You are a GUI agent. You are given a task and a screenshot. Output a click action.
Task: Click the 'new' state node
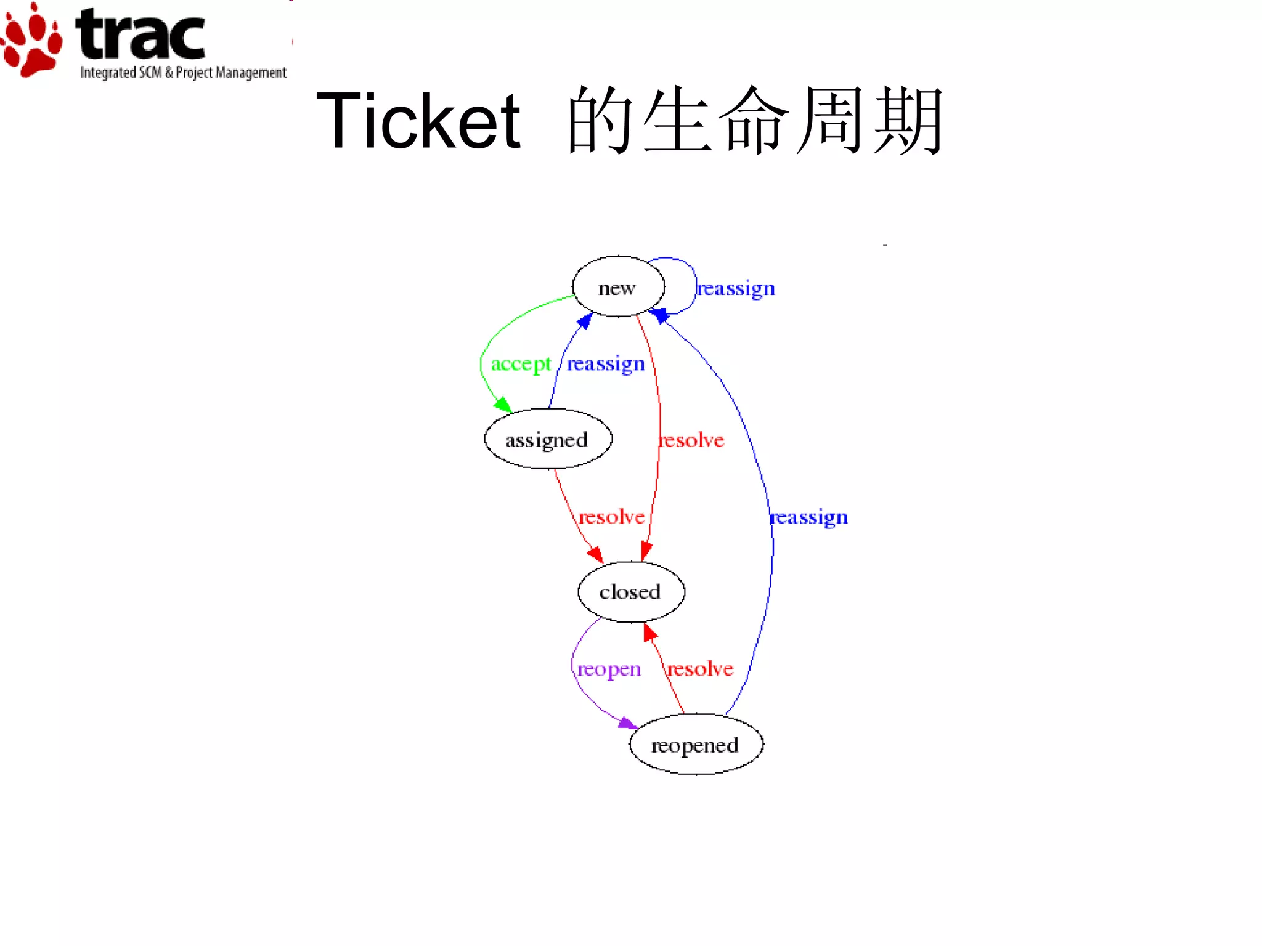click(x=618, y=287)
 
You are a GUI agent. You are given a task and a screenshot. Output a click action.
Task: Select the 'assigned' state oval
click(x=548, y=439)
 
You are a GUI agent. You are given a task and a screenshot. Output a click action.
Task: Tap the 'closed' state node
click(x=630, y=592)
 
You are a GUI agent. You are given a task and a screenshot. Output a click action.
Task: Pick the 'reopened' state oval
click(x=696, y=745)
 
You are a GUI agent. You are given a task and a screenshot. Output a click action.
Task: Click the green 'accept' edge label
click(x=520, y=364)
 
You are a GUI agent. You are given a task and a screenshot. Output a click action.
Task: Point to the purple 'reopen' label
click(x=609, y=669)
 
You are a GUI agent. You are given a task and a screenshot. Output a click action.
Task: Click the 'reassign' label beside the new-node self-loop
click(x=736, y=288)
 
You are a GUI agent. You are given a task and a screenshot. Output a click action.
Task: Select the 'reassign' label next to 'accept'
click(x=606, y=364)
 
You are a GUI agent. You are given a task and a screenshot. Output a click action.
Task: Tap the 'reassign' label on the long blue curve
click(x=808, y=517)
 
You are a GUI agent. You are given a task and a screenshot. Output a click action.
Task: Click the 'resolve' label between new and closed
click(x=691, y=440)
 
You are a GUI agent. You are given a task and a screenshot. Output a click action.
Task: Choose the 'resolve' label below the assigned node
click(x=611, y=516)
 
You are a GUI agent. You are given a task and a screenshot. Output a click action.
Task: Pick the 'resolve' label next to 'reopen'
click(x=700, y=669)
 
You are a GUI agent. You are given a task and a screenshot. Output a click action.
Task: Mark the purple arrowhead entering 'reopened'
click(x=628, y=723)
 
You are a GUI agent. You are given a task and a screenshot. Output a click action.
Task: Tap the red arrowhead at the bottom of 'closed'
click(x=649, y=632)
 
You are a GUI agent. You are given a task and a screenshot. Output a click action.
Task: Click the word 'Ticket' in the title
click(x=418, y=121)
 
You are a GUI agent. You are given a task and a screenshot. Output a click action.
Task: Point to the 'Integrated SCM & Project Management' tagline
click(x=183, y=73)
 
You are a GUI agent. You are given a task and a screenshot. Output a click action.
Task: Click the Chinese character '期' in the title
click(x=908, y=121)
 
